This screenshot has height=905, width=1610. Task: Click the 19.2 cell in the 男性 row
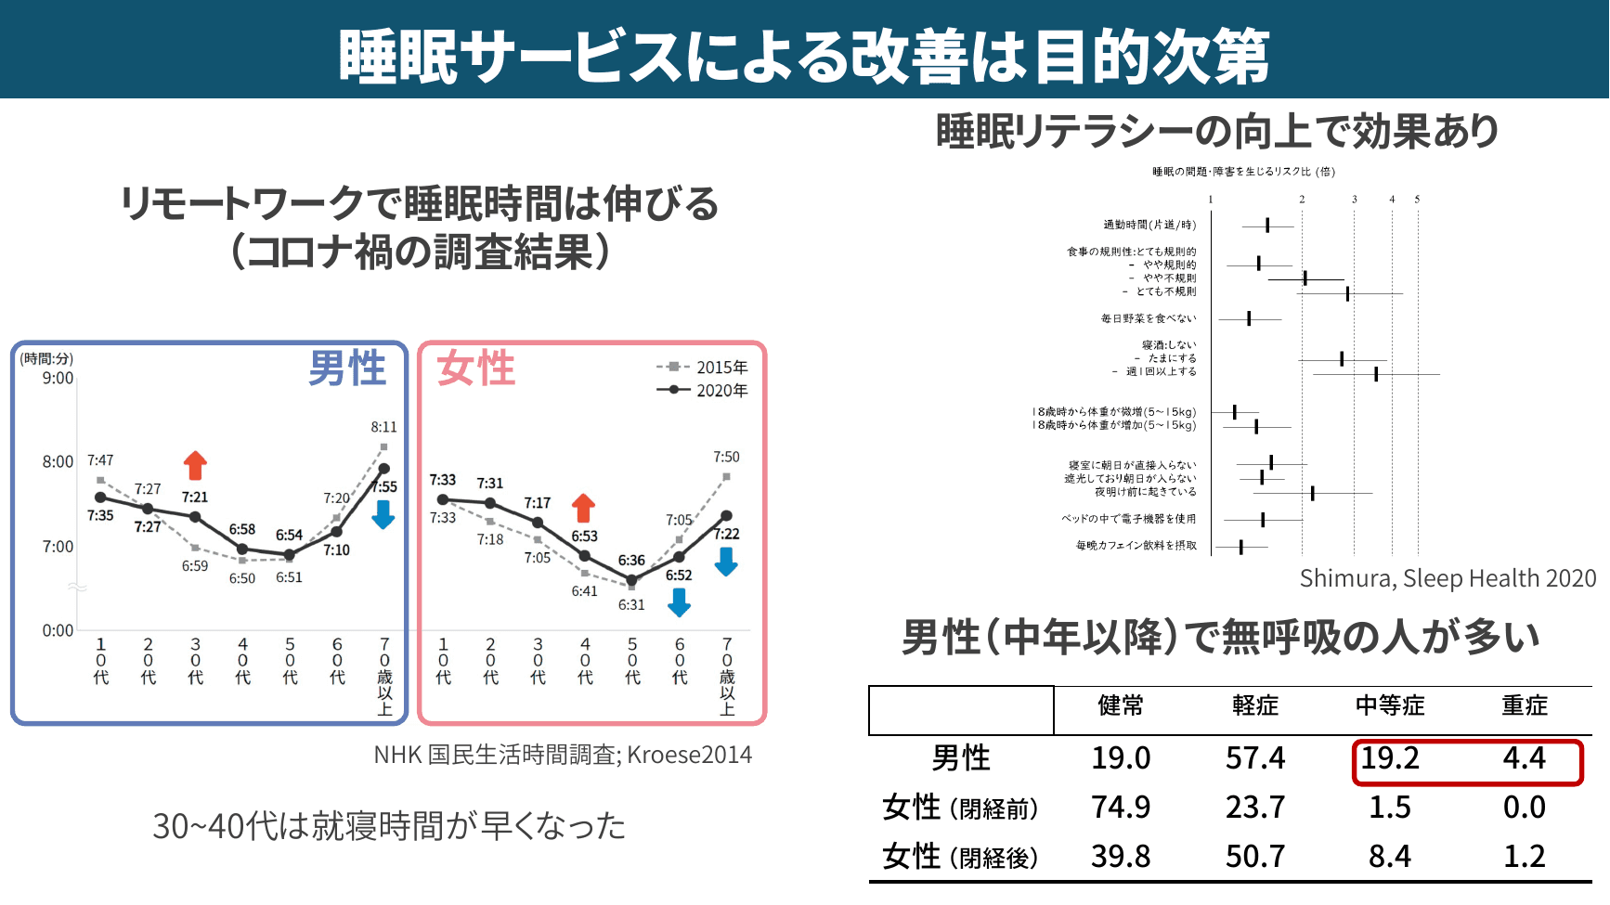1389,758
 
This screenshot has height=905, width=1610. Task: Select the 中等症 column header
1389,705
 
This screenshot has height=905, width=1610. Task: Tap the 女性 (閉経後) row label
960,857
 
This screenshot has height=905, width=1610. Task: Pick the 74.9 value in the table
1120,808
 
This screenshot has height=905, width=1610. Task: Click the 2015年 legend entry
702,368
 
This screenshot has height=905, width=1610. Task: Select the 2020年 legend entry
702,391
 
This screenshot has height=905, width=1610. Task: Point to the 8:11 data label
383,427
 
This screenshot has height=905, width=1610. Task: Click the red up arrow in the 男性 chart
195,465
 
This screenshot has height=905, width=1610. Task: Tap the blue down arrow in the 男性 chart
383,514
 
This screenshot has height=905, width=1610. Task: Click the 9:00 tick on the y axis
58,379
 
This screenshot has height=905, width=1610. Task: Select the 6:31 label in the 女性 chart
631,605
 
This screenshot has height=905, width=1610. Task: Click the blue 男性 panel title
347,368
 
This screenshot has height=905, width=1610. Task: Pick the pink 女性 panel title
476,368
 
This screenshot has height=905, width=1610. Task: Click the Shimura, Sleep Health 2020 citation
1447,579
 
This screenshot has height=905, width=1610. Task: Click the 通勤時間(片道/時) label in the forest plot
1149,225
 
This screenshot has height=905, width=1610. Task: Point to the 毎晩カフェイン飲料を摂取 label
1136,546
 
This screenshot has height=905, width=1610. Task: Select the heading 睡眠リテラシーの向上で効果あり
1217,131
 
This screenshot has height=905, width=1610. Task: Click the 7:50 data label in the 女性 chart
726,457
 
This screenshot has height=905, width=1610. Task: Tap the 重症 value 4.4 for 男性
1524,758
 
